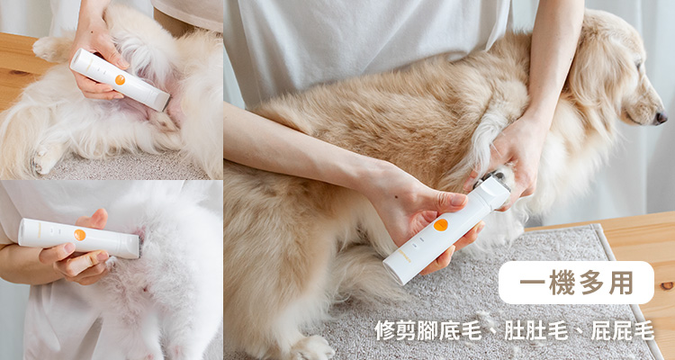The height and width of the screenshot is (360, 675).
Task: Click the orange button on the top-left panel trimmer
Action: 120,80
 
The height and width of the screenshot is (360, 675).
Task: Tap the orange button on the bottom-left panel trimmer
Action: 79,235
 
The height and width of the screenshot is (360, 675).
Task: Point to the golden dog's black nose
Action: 661,118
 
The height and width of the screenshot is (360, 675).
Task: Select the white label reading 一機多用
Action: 576,283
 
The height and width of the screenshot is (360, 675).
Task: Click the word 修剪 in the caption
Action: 395,330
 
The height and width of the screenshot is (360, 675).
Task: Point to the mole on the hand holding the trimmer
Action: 394,196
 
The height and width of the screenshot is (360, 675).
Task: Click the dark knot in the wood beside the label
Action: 667,285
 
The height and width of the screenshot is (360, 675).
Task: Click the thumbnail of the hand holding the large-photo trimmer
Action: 457,199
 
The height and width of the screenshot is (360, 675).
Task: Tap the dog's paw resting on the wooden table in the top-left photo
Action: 45,49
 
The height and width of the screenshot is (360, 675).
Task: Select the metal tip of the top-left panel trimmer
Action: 164,103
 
